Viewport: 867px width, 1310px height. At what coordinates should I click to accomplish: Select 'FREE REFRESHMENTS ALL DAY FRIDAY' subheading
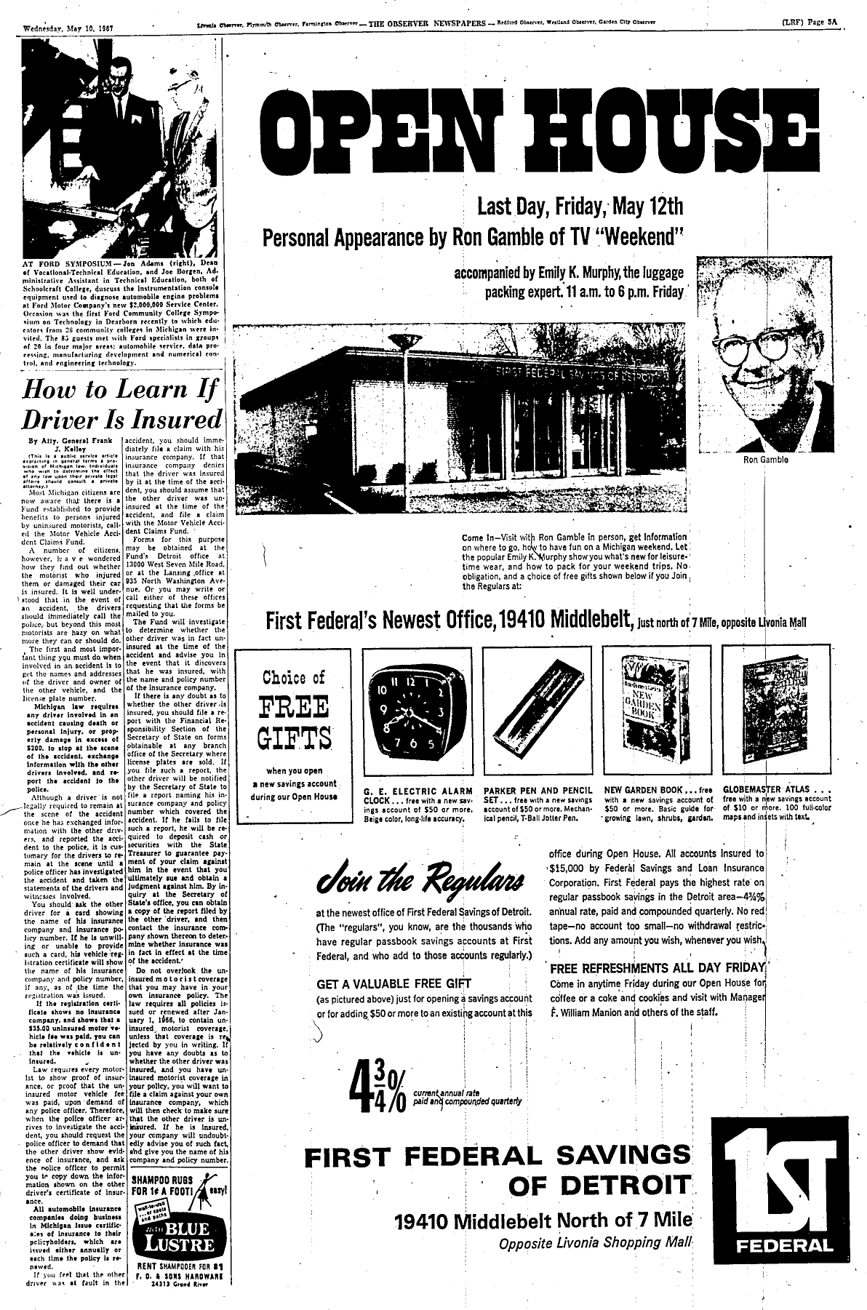(x=657, y=969)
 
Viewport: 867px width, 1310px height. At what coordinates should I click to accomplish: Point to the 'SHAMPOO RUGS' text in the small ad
(x=160, y=1178)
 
